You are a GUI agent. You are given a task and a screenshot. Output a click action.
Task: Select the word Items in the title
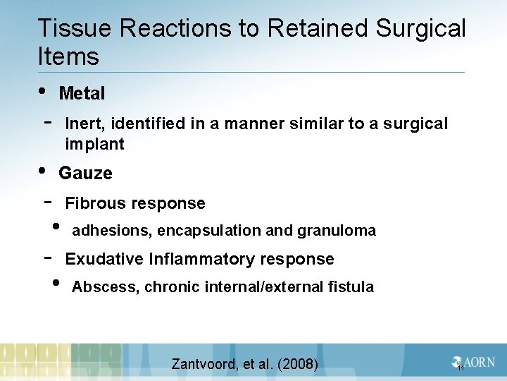(x=68, y=56)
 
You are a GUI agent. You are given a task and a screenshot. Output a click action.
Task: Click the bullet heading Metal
(x=82, y=93)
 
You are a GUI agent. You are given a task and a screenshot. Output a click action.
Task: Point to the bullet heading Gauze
(x=85, y=173)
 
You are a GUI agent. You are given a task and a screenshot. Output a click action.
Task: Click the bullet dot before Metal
(x=44, y=90)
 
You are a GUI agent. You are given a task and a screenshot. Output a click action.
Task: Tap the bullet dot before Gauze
(x=44, y=170)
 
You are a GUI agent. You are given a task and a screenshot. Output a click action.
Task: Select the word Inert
(x=84, y=124)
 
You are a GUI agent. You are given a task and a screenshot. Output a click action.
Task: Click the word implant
(x=94, y=145)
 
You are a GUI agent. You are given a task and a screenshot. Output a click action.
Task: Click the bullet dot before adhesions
(x=56, y=227)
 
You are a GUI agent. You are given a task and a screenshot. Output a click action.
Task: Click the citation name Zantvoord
(x=204, y=364)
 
